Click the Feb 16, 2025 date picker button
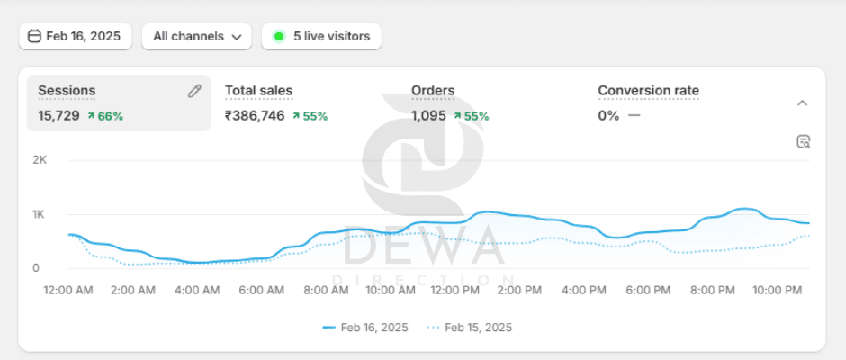tap(76, 37)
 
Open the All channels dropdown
tap(196, 37)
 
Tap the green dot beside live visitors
tap(279, 37)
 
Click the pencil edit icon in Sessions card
tap(194, 91)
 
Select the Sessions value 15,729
tap(58, 116)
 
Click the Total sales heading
tap(258, 91)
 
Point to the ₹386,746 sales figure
tap(255, 116)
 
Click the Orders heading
tap(433, 91)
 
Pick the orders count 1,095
tap(429, 116)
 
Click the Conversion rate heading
tap(648, 91)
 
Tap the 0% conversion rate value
tap(608, 116)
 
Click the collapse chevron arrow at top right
tap(803, 103)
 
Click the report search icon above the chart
tap(804, 141)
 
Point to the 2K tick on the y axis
tap(40, 160)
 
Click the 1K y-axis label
tap(40, 214)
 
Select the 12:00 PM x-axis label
tap(455, 291)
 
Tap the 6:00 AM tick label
tap(262, 291)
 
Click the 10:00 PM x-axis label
tap(777, 291)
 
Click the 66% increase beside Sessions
tap(105, 116)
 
